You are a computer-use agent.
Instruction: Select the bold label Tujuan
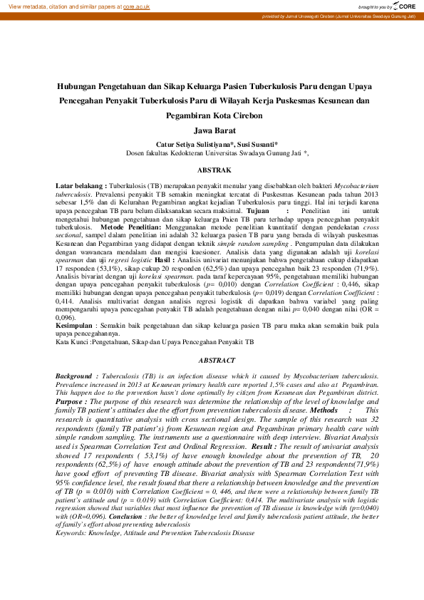pyautogui.click(x=258, y=212)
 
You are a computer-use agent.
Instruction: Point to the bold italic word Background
pyautogui.click(x=75, y=375)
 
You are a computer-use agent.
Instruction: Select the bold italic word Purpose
pyautogui.click(x=71, y=401)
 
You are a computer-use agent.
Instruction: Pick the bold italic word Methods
pyautogui.click(x=324, y=410)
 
